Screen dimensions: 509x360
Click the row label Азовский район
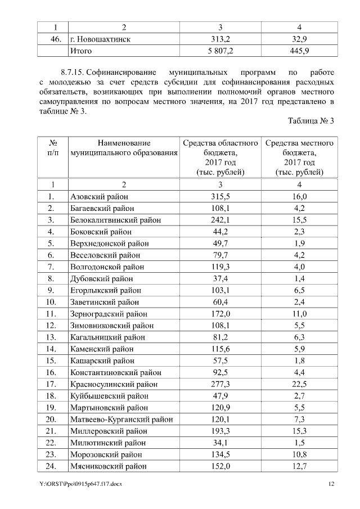coord(99,196)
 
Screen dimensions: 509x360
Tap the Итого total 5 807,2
coord(220,51)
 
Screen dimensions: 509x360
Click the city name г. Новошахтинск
coord(100,39)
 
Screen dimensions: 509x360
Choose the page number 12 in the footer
coord(331,484)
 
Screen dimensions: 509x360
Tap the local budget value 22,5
coord(299,384)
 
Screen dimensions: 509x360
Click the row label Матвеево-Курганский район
coord(121,419)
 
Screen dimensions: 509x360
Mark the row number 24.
coord(51,466)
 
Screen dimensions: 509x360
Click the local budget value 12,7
coord(299,466)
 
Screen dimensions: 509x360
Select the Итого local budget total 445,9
coord(299,51)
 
